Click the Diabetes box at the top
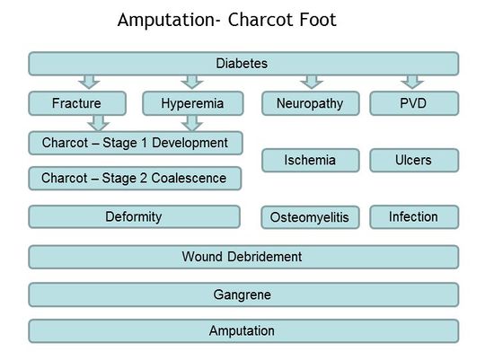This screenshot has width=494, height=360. [243, 64]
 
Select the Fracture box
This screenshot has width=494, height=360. [77, 104]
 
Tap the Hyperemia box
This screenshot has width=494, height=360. [191, 104]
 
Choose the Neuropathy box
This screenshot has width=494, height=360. [310, 104]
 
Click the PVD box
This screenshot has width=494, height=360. [413, 104]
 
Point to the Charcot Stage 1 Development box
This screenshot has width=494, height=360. [135, 142]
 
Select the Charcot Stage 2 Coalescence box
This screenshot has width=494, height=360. [135, 178]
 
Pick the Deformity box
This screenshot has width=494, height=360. [135, 216]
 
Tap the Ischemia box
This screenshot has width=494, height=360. [310, 161]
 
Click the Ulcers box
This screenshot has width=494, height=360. [413, 161]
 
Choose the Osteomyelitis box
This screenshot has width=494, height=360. [310, 217]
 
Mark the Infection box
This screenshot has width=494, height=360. [413, 216]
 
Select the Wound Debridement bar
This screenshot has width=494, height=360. [243, 257]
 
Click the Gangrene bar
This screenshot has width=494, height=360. [243, 294]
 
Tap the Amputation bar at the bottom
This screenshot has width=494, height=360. [243, 330]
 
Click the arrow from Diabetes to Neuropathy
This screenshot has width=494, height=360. [311, 83]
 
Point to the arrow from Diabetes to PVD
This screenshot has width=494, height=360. [413, 83]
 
